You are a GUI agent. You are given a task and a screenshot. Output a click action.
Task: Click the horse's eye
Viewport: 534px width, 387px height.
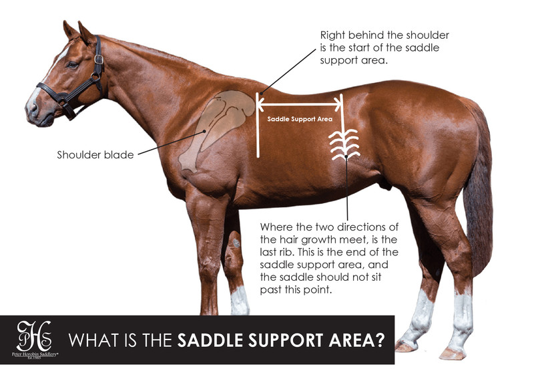click(x=71, y=64)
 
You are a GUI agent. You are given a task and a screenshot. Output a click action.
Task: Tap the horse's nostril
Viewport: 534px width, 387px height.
click(x=31, y=107)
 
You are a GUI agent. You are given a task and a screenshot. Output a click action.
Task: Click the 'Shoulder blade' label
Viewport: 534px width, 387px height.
click(x=95, y=155)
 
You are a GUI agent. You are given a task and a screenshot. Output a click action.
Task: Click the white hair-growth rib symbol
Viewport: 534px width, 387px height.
click(x=344, y=144)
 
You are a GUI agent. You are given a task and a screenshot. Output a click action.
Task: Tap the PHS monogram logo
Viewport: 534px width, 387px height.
click(x=37, y=334)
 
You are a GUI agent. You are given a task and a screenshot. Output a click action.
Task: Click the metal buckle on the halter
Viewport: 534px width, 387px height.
click(x=99, y=59)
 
